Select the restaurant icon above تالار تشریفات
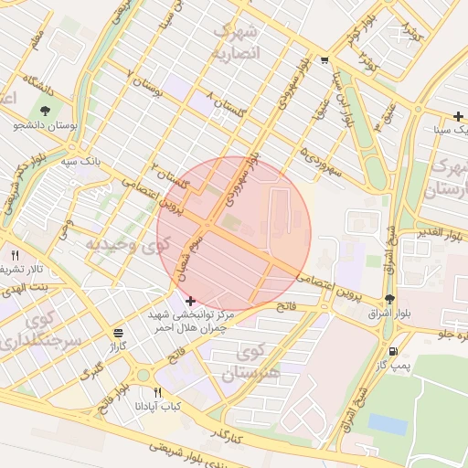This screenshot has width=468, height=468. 15,254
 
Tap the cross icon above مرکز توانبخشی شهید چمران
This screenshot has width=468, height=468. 189,301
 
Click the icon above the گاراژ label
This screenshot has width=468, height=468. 117,334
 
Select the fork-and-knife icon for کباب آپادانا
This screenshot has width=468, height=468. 158,393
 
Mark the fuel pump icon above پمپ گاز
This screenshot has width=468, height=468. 393,351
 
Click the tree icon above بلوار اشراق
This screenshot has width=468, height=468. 389,299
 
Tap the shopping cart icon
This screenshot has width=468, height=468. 324,61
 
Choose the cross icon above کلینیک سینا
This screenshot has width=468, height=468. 458,116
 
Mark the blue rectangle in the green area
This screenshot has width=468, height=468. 388,424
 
